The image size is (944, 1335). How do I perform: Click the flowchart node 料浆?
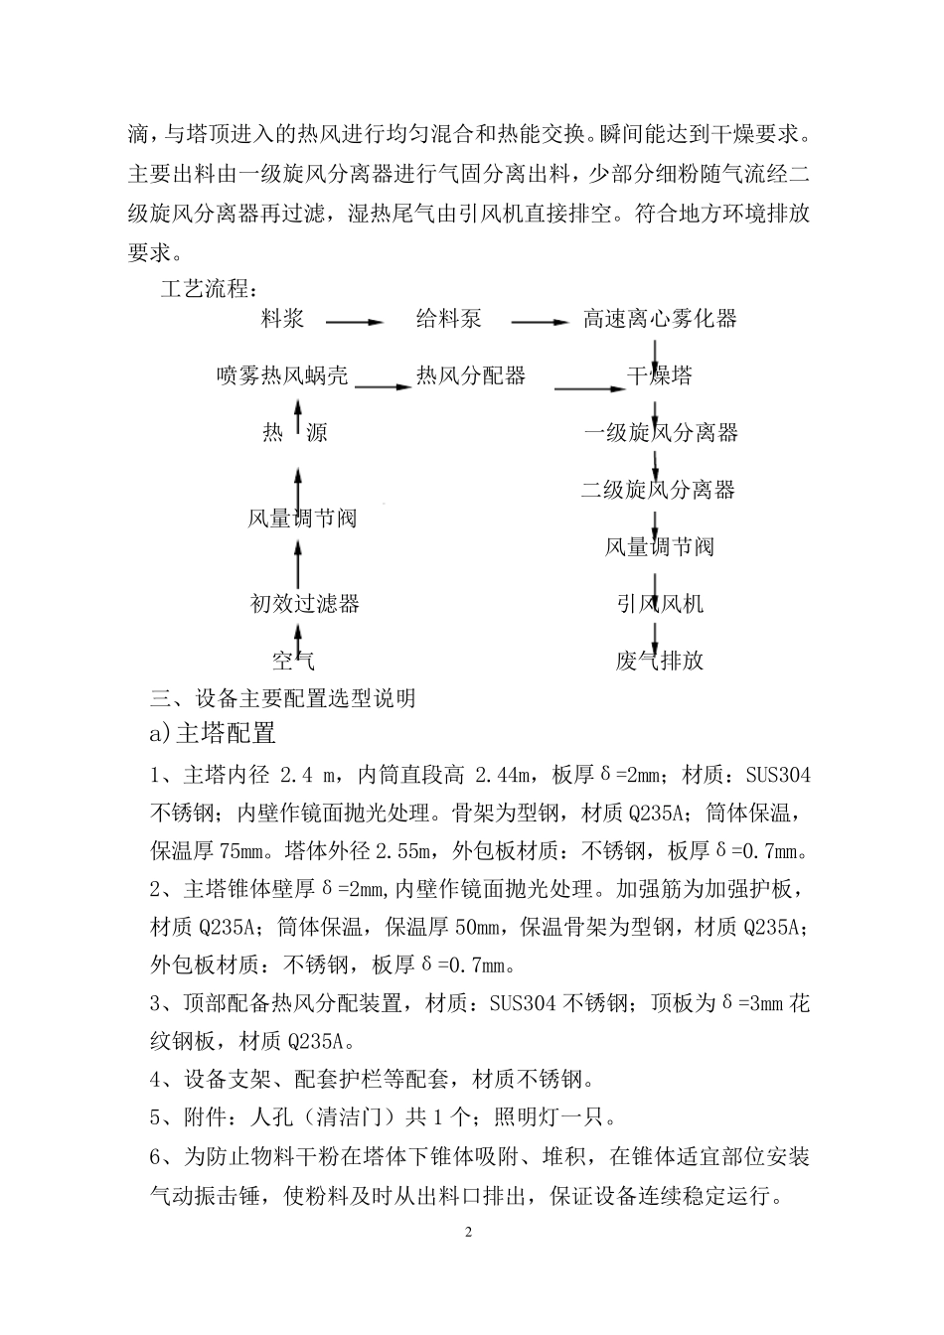point(282,319)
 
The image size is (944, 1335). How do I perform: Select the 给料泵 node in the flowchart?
point(448,319)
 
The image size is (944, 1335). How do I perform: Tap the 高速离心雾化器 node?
point(660,319)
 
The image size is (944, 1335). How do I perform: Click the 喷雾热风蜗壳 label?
point(282,375)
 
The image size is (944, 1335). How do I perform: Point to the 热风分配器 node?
point(470,375)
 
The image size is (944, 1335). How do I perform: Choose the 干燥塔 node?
point(660,375)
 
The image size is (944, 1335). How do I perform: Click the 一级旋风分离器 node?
point(660,433)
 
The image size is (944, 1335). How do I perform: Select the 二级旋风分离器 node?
point(658,490)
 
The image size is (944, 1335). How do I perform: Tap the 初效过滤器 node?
point(304,603)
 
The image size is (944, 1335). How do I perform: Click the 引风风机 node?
point(660,603)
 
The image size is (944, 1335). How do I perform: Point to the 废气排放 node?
point(660,660)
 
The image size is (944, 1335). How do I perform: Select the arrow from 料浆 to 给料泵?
point(354,321)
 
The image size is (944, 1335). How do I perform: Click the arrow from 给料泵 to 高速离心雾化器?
point(540,321)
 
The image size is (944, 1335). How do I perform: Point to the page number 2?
point(470,1233)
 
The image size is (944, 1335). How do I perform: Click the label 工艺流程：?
point(211,290)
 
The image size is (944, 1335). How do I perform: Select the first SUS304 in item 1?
point(776,776)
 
